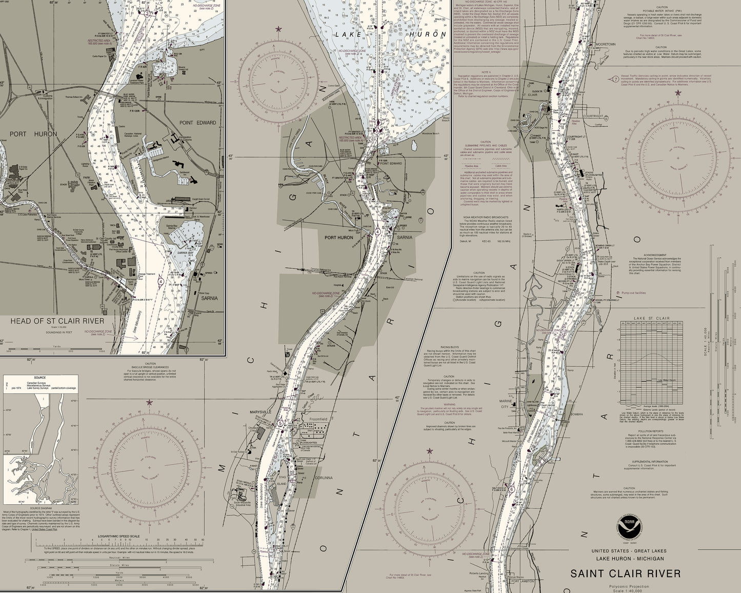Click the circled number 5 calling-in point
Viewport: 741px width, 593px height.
280,423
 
